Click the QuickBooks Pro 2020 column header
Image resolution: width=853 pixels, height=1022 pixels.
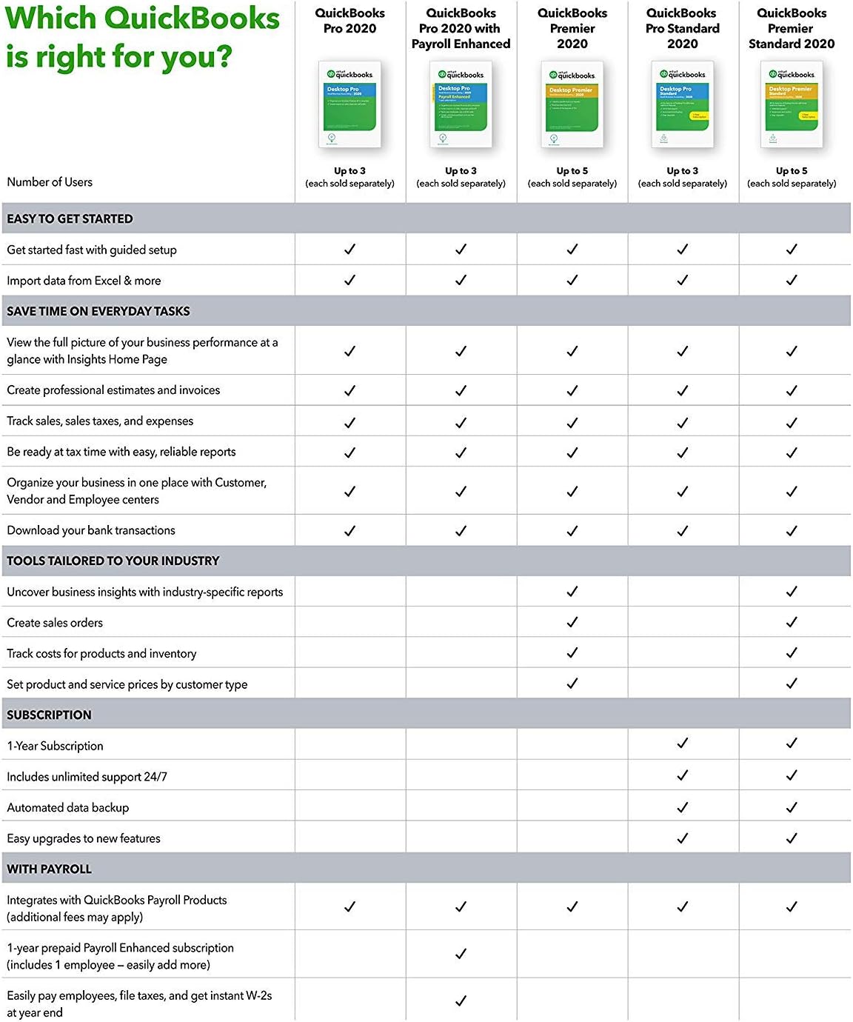click(x=349, y=21)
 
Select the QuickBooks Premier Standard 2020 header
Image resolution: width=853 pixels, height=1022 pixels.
click(x=792, y=28)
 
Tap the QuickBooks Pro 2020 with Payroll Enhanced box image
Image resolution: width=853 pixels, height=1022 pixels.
click(x=461, y=104)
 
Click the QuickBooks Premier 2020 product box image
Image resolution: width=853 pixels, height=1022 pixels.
click(x=572, y=104)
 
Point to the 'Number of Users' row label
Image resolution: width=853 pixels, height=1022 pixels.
click(x=50, y=182)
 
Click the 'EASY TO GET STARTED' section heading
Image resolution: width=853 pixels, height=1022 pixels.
click(x=70, y=219)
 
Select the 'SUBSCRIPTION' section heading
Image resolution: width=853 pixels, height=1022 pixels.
click(x=49, y=715)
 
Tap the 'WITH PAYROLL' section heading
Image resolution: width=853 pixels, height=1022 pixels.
click(x=49, y=869)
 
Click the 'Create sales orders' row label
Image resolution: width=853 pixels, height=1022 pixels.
click(x=55, y=623)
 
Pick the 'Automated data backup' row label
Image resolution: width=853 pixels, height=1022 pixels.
click(x=67, y=808)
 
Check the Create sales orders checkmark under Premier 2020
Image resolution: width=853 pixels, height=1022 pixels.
click(x=572, y=622)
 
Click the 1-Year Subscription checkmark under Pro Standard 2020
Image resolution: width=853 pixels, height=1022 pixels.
click(x=683, y=743)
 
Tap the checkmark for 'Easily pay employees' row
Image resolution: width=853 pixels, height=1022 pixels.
click(x=461, y=1001)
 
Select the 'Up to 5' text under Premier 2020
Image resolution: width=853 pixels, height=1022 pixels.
click(x=572, y=171)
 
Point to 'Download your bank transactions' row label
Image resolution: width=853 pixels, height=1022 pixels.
click(x=91, y=530)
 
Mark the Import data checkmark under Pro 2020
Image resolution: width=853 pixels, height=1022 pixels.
click(x=349, y=280)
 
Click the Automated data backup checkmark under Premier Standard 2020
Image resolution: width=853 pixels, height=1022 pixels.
click(x=792, y=806)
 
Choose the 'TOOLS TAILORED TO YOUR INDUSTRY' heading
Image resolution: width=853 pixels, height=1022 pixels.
click(x=113, y=561)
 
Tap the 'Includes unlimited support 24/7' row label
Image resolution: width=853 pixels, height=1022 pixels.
click(x=87, y=777)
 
